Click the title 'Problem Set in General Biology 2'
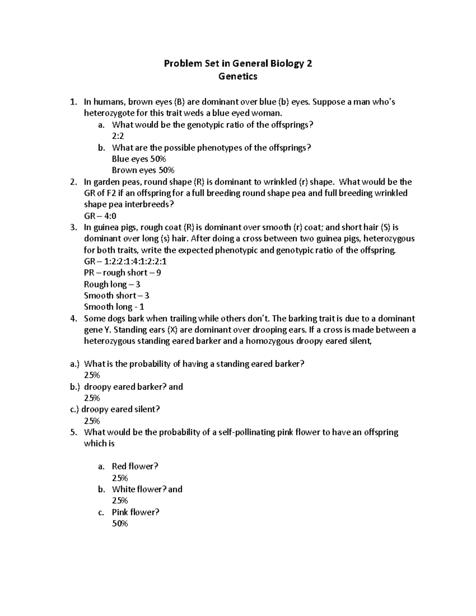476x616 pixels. pyautogui.click(x=238, y=63)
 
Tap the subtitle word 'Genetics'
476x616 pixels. pyautogui.click(x=238, y=76)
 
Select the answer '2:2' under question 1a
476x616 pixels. pyautogui.click(x=118, y=136)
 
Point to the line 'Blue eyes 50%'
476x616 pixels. pyautogui.click(x=139, y=159)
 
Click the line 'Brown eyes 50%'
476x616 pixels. pyautogui.click(x=143, y=171)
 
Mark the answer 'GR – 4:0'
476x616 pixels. pyautogui.click(x=100, y=216)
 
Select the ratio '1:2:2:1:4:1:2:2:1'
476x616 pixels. pyautogui.click(x=135, y=261)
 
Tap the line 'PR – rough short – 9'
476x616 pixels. pyautogui.click(x=122, y=273)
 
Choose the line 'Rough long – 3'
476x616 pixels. pyautogui.click(x=112, y=284)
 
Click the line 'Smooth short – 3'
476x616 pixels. pyautogui.click(x=117, y=296)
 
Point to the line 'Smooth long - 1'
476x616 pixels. pyautogui.click(x=114, y=307)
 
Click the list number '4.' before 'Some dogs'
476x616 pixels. pyautogui.click(x=73, y=319)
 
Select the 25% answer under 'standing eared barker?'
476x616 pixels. pyautogui.click(x=92, y=375)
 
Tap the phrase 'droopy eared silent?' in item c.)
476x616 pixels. pyautogui.click(x=121, y=409)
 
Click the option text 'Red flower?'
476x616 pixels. pyautogui.click(x=135, y=466)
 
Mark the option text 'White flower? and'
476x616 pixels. pyautogui.click(x=147, y=489)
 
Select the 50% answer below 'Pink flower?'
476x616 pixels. pyautogui.click(x=120, y=524)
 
